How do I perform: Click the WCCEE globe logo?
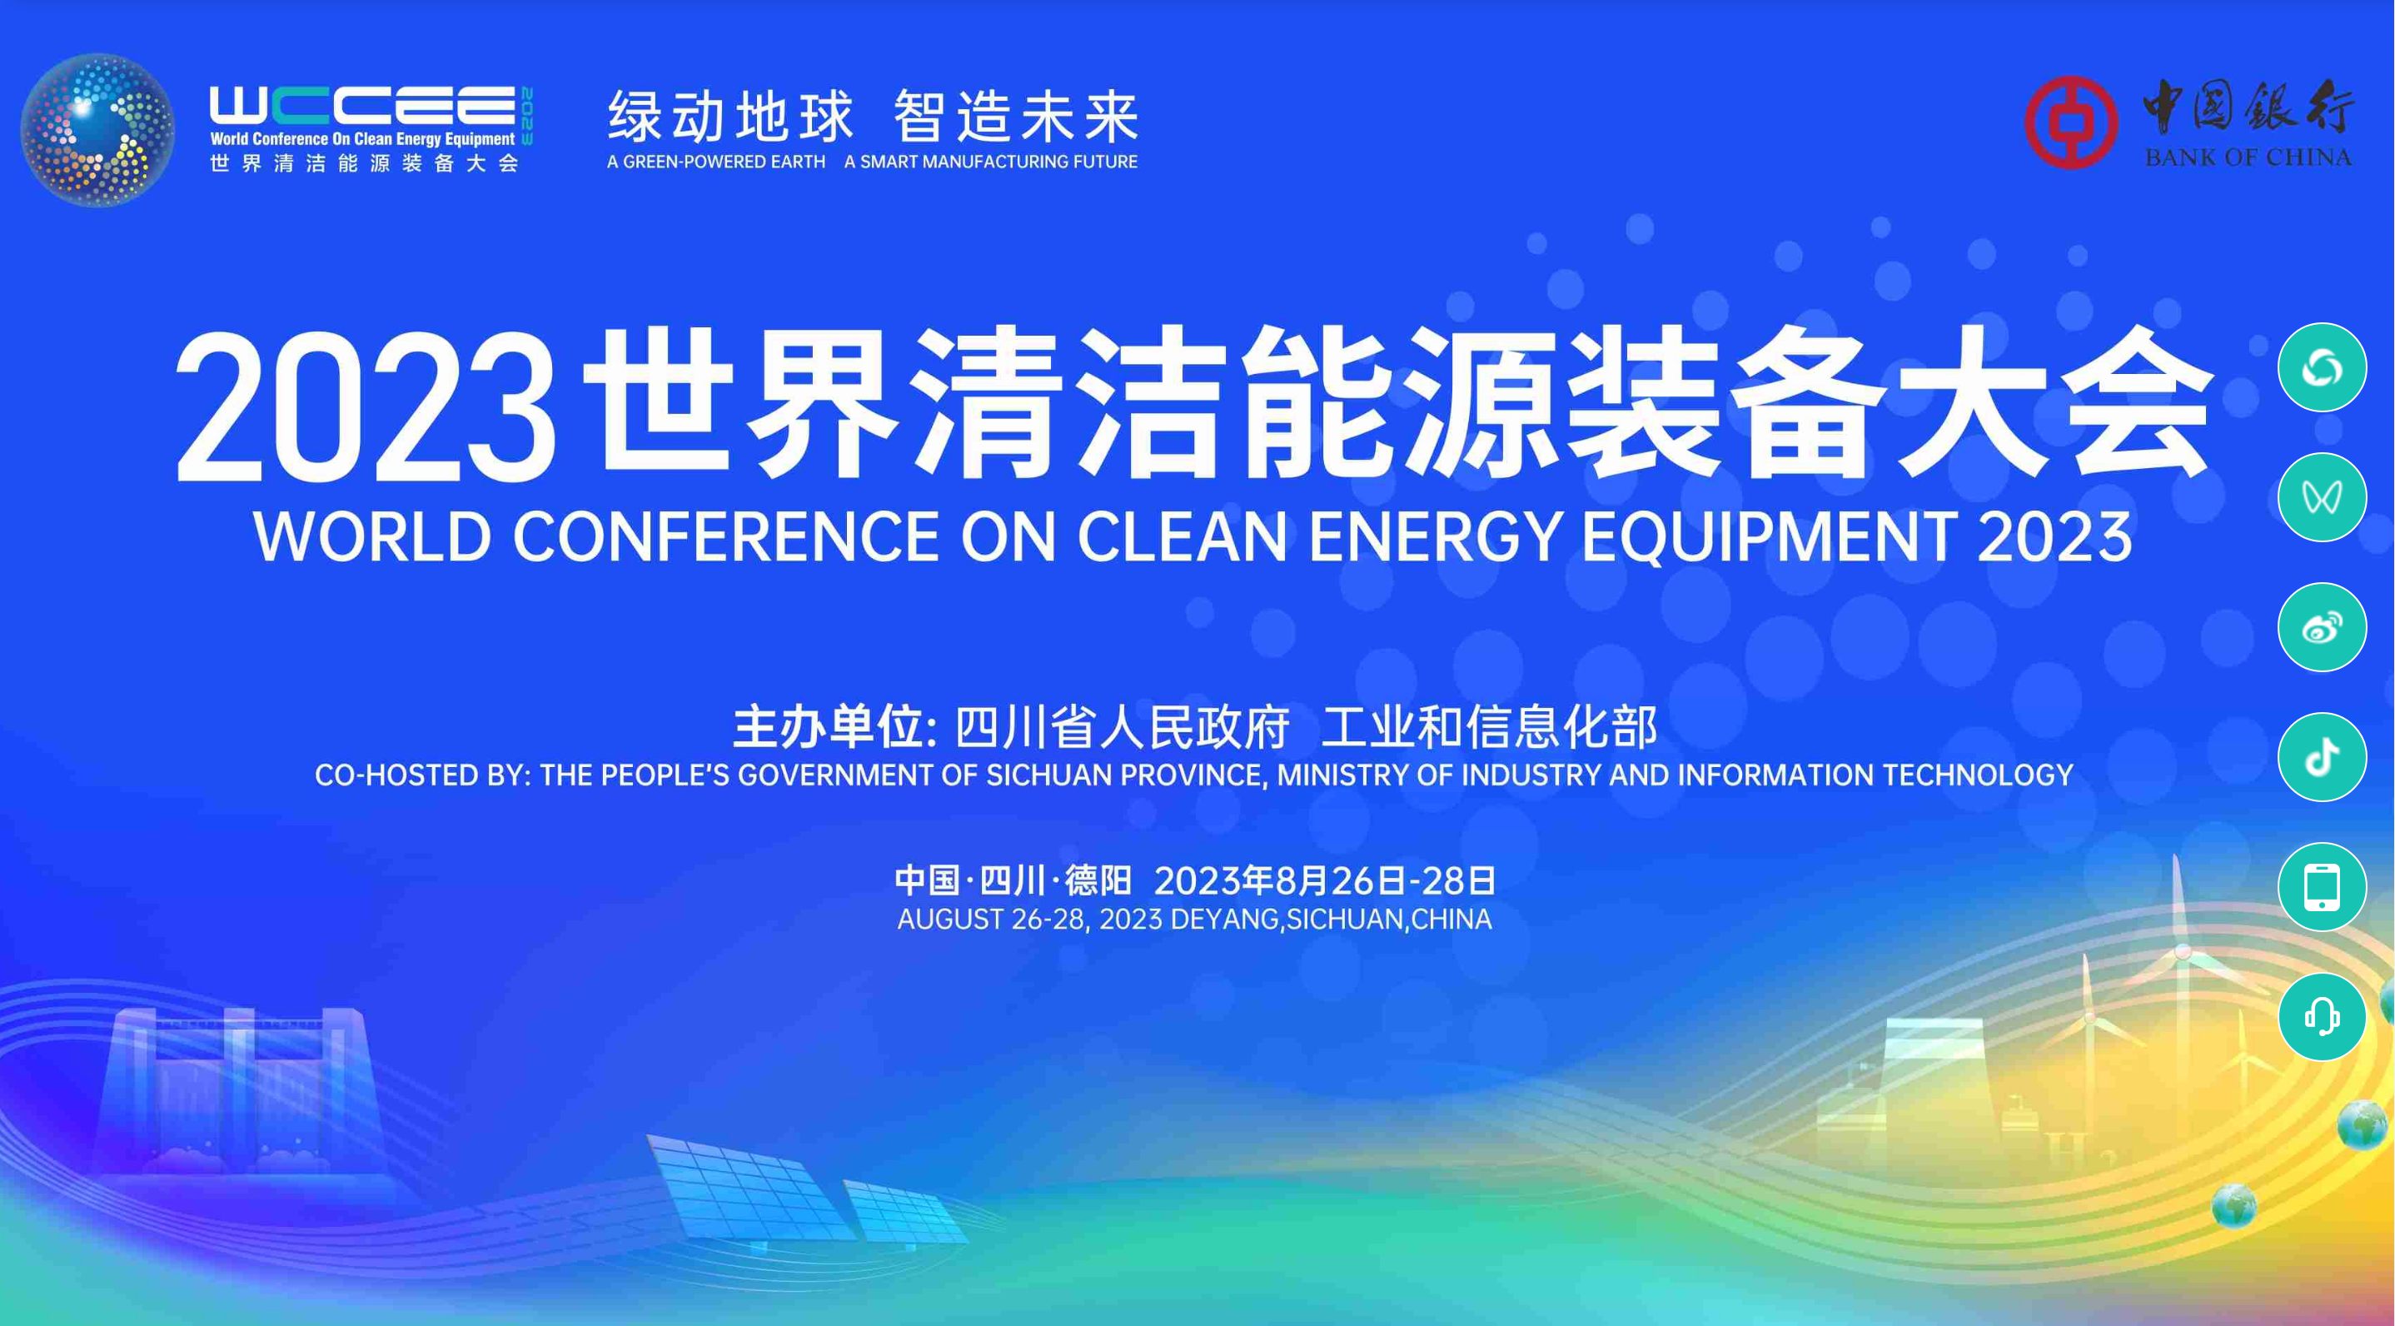pyautogui.click(x=97, y=129)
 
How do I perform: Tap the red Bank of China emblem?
pyautogui.click(x=2070, y=122)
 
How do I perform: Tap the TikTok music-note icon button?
pyautogui.click(x=2322, y=757)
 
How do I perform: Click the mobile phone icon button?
pyautogui.click(x=2322, y=887)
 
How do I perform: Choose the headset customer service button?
pyautogui.click(x=2322, y=1016)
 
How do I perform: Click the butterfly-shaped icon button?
pyautogui.click(x=2322, y=497)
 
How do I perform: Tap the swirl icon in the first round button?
pyautogui.click(x=2322, y=368)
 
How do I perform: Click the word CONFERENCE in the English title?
pyautogui.click(x=726, y=537)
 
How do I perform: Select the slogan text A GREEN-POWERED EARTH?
pyautogui.click(x=716, y=162)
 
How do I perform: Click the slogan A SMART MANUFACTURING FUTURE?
pyautogui.click(x=990, y=162)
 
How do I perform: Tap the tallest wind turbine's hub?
pyautogui.click(x=2183, y=951)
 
